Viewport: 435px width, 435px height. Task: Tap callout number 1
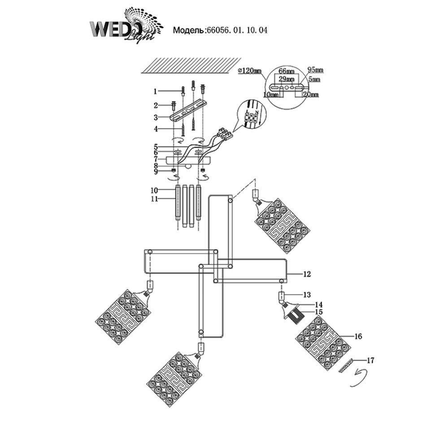(155, 91)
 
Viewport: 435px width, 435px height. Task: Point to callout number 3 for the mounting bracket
(155, 117)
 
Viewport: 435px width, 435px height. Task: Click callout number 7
(155, 159)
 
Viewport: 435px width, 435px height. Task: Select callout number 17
(370, 360)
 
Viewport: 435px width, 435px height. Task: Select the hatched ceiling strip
(189, 66)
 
